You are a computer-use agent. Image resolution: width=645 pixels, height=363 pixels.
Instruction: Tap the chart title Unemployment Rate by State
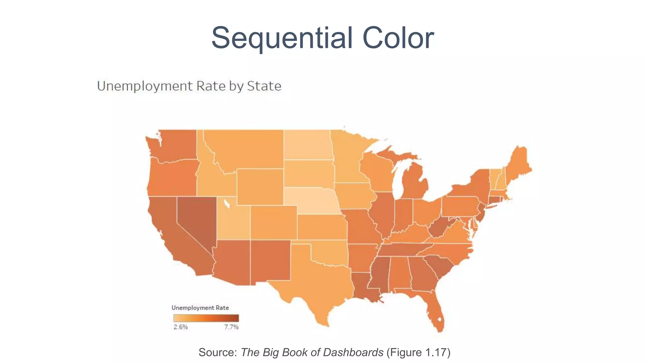(189, 86)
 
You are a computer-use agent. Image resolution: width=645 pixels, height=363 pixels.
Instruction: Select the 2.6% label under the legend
(180, 327)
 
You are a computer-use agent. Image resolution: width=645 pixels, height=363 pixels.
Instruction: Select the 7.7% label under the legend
(231, 327)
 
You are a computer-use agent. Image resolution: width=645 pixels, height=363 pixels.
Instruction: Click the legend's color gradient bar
(206, 318)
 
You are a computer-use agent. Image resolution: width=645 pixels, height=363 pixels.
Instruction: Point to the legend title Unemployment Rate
(200, 308)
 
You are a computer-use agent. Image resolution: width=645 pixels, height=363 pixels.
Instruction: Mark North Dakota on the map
(307, 145)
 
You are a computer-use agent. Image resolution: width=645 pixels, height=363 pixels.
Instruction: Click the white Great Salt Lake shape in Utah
(226, 204)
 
